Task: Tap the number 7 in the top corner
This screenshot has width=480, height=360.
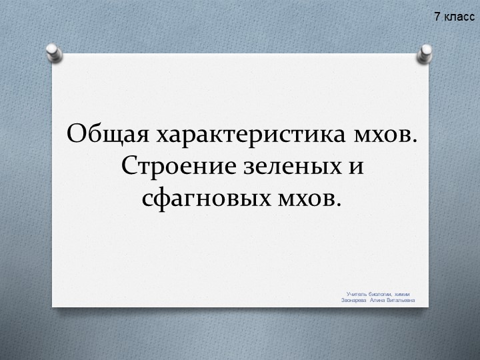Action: pos(437,16)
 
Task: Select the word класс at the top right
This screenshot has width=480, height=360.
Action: pos(459,16)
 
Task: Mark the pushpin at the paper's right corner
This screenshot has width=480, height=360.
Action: pos(425,53)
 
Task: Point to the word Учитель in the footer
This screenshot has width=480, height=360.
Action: pos(356,294)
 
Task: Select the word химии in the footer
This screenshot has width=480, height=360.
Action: pos(403,294)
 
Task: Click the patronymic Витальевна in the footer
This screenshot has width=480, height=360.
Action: pos(401,300)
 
